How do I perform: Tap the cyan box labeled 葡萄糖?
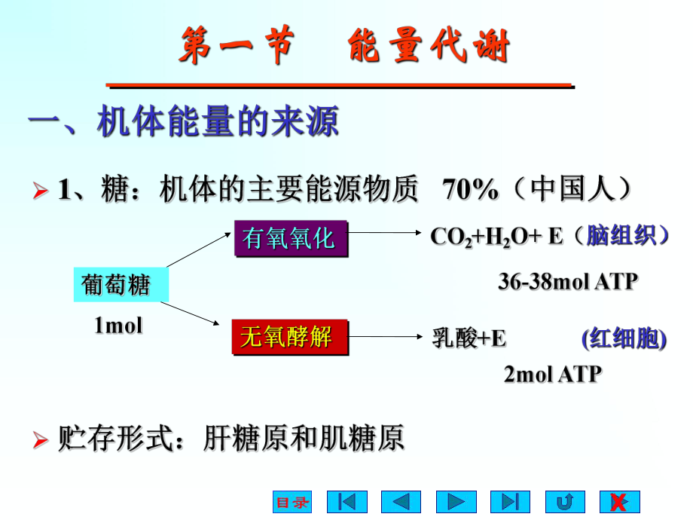tap(116, 285)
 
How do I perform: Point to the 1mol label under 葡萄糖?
tap(118, 326)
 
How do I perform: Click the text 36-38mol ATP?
tap(568, 282)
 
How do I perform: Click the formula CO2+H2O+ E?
tap(496, 237)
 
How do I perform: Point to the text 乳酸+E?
tap(469, 339)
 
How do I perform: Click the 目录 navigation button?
tap(292, 502)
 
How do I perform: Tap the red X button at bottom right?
tap(619, 502)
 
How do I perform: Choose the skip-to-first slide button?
tap(346, 502)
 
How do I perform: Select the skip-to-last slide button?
tap(510, 502)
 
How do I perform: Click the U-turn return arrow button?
tap(564, 502)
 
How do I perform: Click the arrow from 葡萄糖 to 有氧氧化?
tap(200, 249)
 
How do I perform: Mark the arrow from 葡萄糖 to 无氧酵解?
tap(197, 315)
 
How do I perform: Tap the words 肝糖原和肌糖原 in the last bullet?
tap(304, 438)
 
